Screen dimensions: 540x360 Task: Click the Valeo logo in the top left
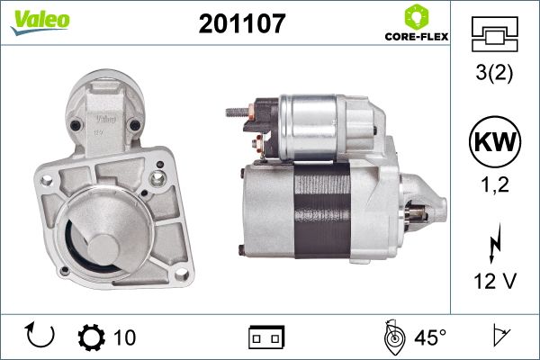tap(40, 22)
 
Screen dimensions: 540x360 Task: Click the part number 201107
tap(242, 23)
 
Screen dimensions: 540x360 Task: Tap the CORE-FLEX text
tap(417, 37)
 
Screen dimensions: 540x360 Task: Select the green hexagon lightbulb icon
tap(417, 16)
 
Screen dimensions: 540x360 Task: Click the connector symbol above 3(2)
tap(494, 34)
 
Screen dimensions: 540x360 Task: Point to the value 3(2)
tap(494, 73)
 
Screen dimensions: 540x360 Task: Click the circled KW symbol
tap(495, 141)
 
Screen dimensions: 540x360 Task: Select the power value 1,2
tap(495, 184)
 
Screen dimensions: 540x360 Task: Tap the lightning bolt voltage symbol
tap(495, 243)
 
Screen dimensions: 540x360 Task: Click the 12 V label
tap(495, 281)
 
